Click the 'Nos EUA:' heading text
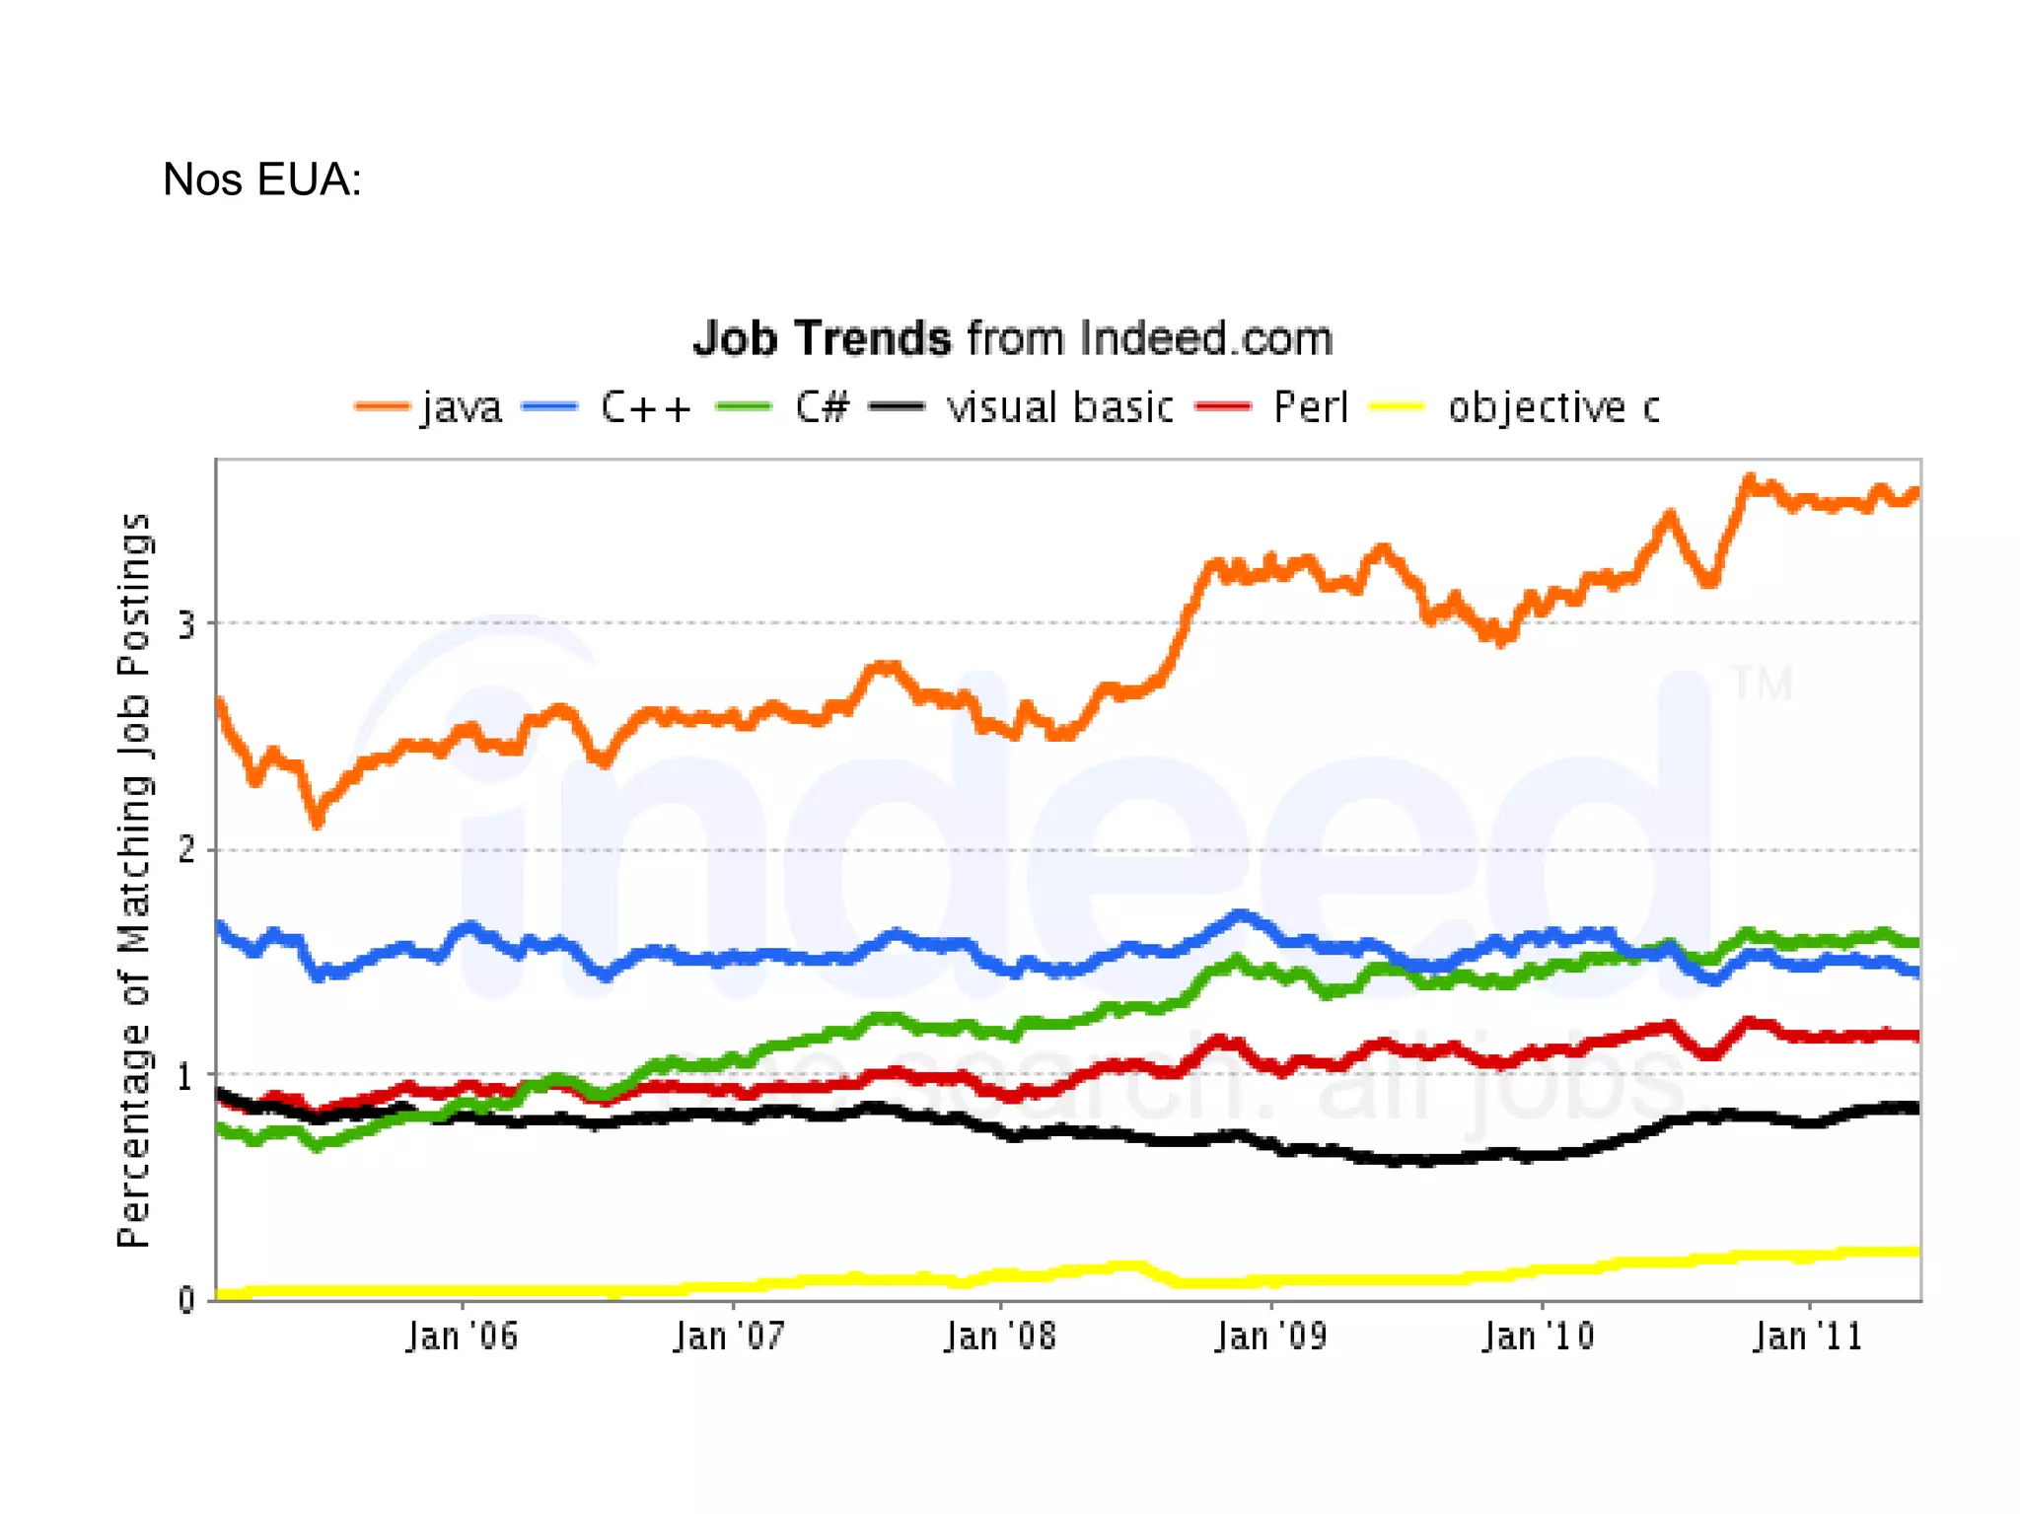[261, 180]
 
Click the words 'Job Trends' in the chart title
[822, 338]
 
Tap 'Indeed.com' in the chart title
[1205, 338]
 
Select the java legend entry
[461, 407]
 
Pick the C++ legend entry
[645, 407]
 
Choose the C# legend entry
[821, 407]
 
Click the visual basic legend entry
[1059, 407]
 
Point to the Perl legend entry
[1310, 407]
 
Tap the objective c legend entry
[1553, 407]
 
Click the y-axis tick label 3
[185, 624]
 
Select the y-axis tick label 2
[185, 850]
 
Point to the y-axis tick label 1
[185, 1076]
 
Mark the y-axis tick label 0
[185, 1300]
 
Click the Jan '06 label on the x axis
[462, 1336]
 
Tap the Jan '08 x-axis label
[999, 1336]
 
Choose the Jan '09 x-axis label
[1270, 1336]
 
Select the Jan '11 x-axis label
[1808, 1336]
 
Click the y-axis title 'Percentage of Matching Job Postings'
[134, 880]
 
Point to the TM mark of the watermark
[1762, 684]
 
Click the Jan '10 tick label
[1539, 1336]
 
